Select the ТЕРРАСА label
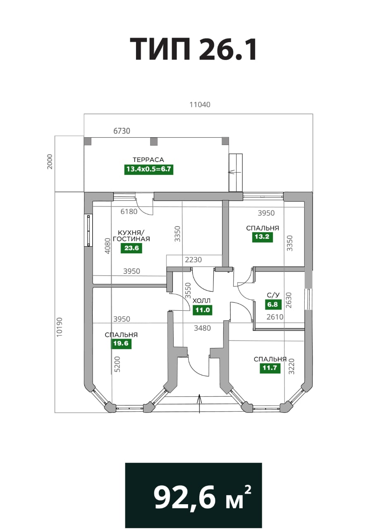click(x=148, y=160)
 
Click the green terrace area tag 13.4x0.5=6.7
click(x=148, y=169)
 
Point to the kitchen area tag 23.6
click(x=131, y=248)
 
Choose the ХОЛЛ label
click(x=202, y=301)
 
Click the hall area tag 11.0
click(x=203, y=310)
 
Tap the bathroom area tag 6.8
click(x=273, y=305)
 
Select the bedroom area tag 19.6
click(x=121, y=343)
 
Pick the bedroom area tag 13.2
click(x=262, y=237)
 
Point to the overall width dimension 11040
click(x=200, y=105)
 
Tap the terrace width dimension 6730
click(x=122, y=131)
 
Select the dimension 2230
click(x=193, y=260)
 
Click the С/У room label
click(x=273, y=295)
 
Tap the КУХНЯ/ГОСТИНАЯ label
click(x=131, y=236)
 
